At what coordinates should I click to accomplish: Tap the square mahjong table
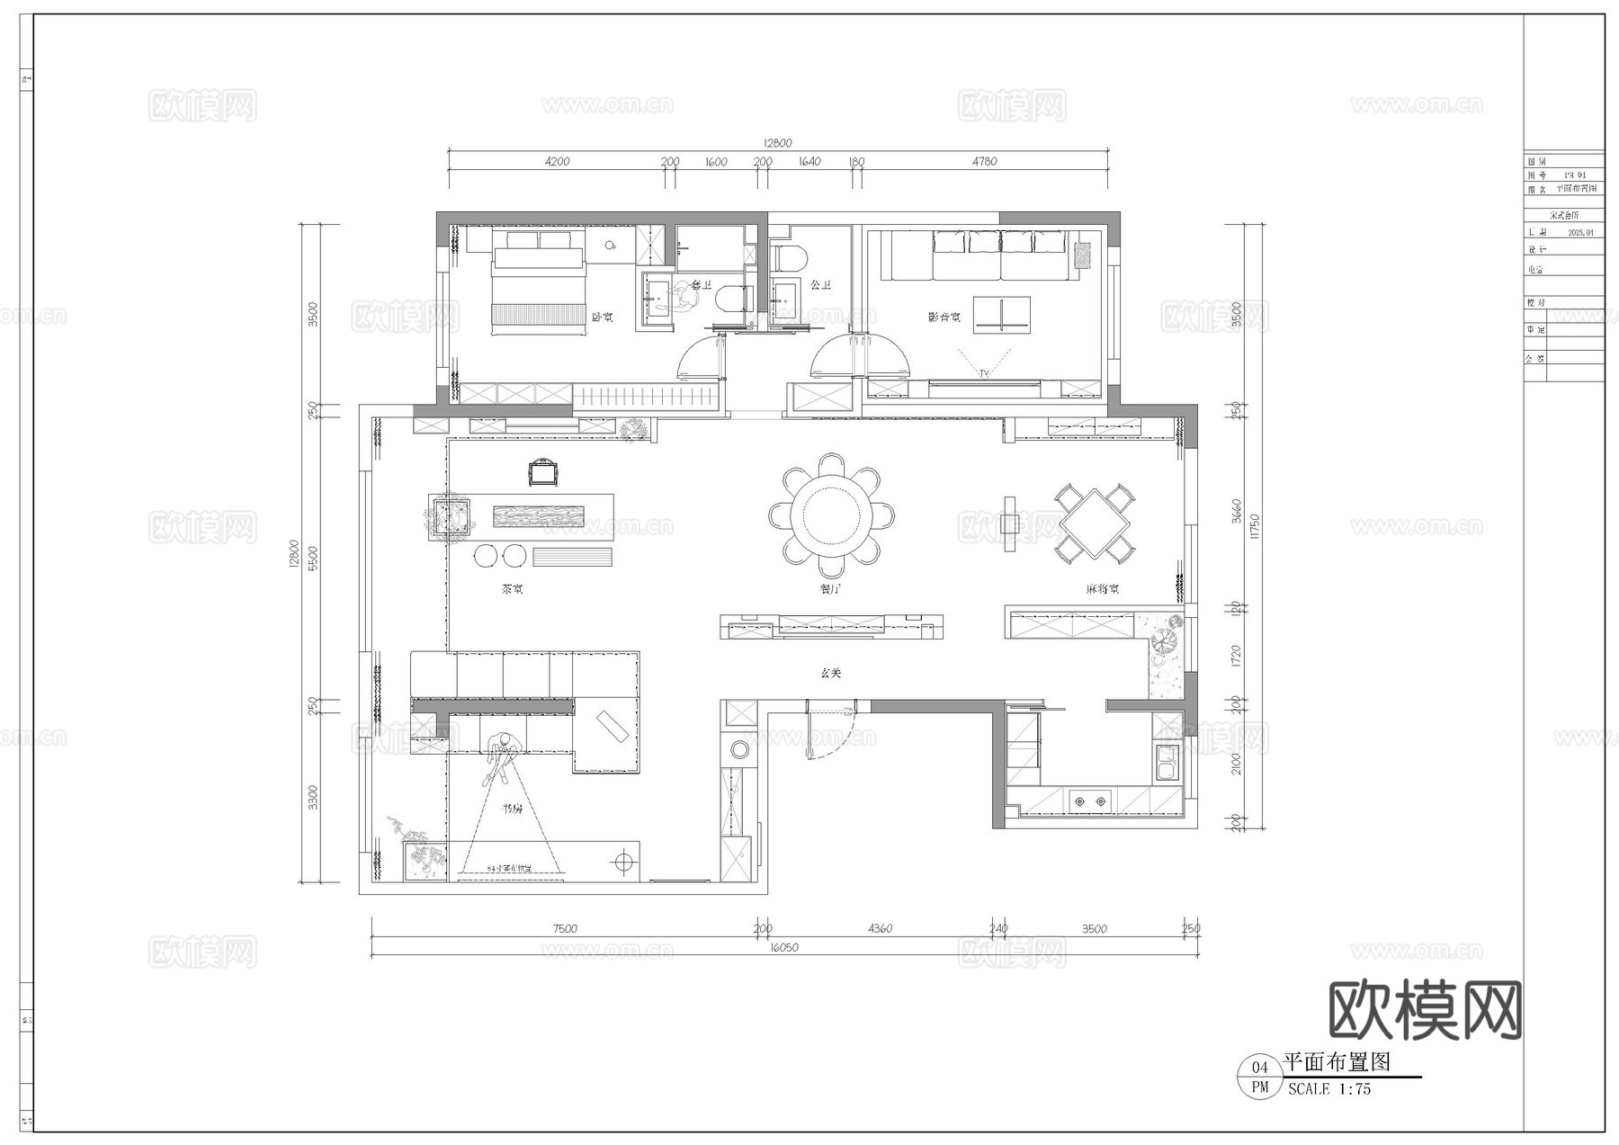[x=1094, y=523]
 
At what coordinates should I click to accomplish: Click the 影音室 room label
[x=944, y=318]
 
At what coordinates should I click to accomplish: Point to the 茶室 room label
[x=512, y=590]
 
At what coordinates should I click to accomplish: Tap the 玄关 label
[x=830, y=673]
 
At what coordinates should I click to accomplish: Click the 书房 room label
[x=512, y=809]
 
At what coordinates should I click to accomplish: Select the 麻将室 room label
[x=1102, y=590]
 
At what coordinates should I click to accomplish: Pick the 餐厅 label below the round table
[x=830, y=590]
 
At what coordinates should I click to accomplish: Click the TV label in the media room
[x=984, y=372]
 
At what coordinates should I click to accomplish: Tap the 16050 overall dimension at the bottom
[x=783, y=947]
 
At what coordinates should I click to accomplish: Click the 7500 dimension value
[x=565, y=929]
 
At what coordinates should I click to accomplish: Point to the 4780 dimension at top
[x=984, y=162]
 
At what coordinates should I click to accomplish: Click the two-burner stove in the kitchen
[x=1089, y=800]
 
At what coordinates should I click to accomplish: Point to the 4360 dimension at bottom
[x=880, y=929]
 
